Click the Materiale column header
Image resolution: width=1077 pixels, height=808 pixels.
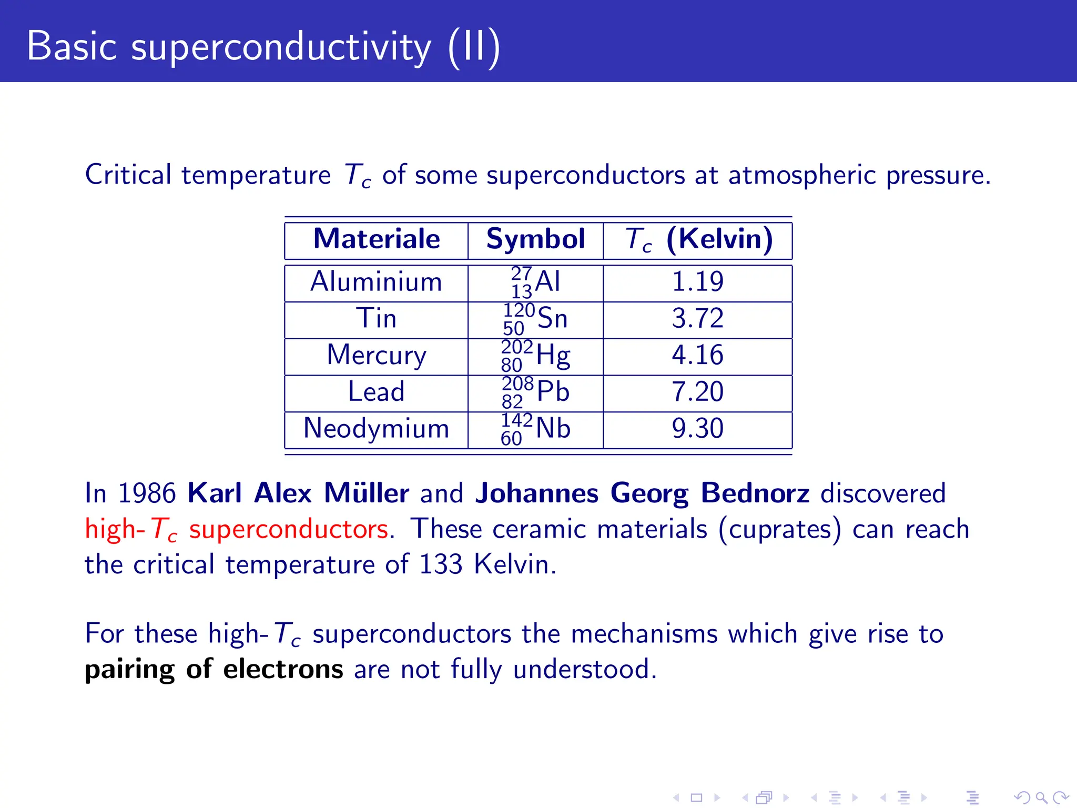tap(377, 239)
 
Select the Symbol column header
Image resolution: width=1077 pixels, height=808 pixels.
tap(535, 239)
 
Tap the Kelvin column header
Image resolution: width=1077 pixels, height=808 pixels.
tap(698, 239)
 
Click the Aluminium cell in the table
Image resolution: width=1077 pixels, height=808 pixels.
tap(377, 282)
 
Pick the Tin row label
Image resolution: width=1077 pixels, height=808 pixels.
tap(377, 319)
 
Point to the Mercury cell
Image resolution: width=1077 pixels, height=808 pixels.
tap(377, 356)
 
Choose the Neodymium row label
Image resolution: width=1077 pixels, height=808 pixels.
tap(377, 429)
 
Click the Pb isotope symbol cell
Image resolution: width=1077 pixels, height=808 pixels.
tap(535, 392)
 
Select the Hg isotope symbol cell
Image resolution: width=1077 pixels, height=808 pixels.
tap(535, 356)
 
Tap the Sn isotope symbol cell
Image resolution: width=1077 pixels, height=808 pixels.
tap(535, 319)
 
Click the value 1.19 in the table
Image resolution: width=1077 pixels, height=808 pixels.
tap(698, 282)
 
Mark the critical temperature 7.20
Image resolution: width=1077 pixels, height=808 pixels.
tap(698, 392)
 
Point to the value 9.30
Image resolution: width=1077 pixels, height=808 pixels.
tap(698, 429)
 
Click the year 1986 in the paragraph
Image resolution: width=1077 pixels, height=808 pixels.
tap(147, 494)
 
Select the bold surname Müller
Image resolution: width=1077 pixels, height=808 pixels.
tap(367, 493)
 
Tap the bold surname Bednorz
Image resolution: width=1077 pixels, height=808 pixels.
tap(755, 493)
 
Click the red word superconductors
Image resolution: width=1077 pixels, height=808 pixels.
tap(289, 529)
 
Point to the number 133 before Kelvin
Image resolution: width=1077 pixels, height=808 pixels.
tap(441, 564)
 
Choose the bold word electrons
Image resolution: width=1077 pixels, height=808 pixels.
tap(283, 670)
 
